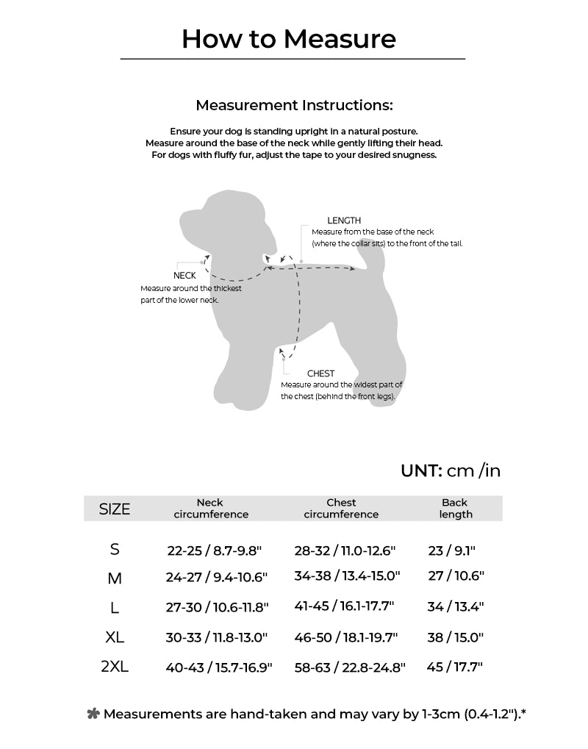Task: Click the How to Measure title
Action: coord(289,38)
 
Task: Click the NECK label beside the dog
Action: coord(184,276)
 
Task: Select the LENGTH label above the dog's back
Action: coord(344,221)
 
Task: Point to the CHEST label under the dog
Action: coord(320,373)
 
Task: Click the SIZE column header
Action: coord(115,509)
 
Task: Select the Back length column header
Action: coord(455,509)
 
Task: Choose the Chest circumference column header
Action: coord(341,509)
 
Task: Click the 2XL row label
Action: coord(115,667)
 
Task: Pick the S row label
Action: coord(115,550)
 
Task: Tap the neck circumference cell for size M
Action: coord(217,577)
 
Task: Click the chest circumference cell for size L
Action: coord(344,607)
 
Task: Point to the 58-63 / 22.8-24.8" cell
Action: coord(350,668)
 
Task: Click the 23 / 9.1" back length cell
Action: coord(452,550)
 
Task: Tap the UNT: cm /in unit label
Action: coord(451,470)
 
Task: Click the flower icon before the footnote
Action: coord(93,714)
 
